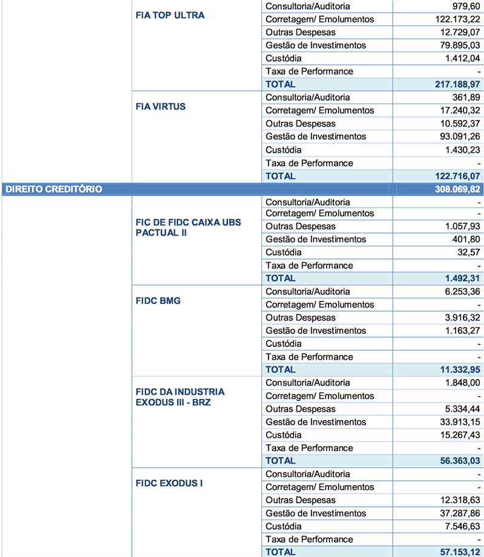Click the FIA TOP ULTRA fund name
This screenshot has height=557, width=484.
point(170,15)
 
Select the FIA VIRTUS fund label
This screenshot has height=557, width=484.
point(160,107)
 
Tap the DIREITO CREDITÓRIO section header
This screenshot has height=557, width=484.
point(54,189)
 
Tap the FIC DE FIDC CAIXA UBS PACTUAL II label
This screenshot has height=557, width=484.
point(188,228)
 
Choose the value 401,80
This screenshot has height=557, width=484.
point(465,239)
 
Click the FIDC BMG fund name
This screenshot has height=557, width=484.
point(158,301)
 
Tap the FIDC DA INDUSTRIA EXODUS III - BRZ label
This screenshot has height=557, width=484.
point(180,397)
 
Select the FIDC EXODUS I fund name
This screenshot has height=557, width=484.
point(169,484)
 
